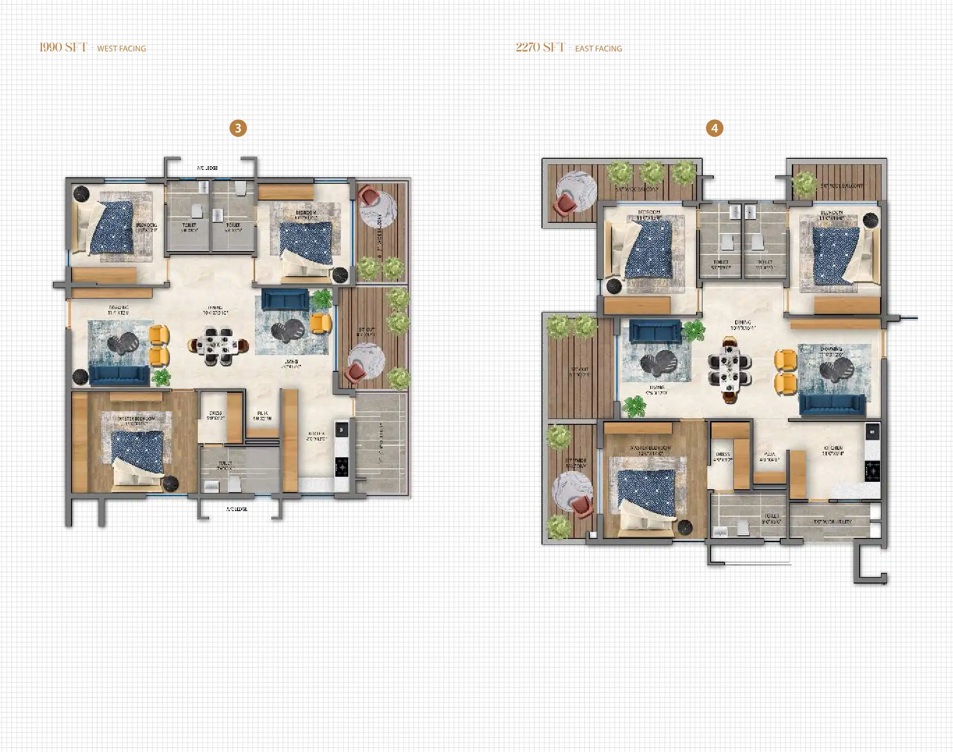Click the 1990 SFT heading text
(63, 47)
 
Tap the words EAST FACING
(598, 49)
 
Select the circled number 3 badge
(238, 128)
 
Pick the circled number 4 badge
(714, 128)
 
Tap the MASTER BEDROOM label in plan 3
(136, 418)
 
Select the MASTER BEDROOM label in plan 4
(650, 448)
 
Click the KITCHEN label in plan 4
(833, 448)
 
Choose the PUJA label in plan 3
(262, 413)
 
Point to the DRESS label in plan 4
(723, 454)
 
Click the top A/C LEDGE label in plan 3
(207, 168)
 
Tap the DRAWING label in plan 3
(119, 308)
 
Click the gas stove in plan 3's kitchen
(342, 467)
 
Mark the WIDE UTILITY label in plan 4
(833, 522)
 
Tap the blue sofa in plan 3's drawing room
(119, 374)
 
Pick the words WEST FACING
(121, 49)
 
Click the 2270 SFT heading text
(540, 47)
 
